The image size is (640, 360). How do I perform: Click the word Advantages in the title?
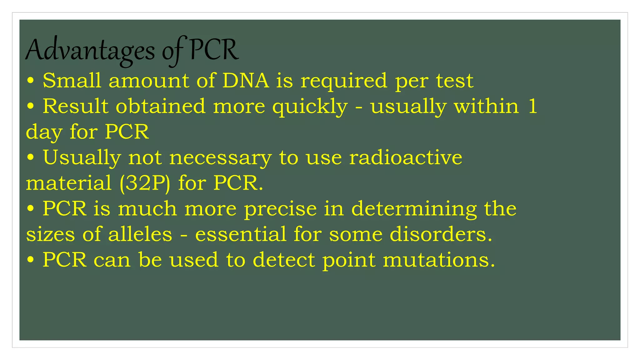click(90, 51)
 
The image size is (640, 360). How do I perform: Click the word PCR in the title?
click(214, 50)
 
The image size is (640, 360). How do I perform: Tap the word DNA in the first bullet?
click(246, 81)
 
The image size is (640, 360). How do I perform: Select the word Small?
click(72, 81)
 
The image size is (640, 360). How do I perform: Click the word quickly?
click(310, 107)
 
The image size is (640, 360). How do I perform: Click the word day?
click(44, 132)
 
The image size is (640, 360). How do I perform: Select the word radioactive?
click(406, 157)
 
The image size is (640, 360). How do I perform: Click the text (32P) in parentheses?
click(145, 183)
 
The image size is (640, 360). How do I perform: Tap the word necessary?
click(220, 158)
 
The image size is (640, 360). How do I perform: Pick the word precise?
click(280, 209)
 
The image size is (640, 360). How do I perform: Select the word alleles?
click(140, 234)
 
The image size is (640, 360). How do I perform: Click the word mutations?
click(439, 260)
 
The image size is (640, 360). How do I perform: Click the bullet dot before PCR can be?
click(30, 260)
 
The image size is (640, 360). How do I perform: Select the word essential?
click(241, 234)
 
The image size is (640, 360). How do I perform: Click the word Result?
click(75, 106)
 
